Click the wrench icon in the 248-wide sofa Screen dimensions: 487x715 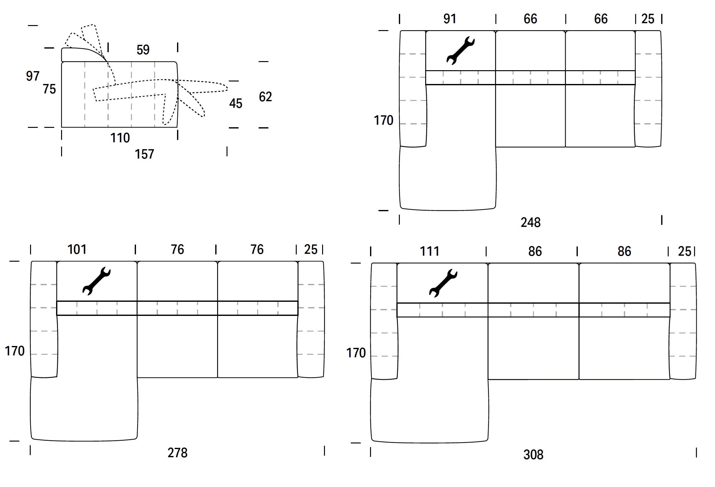460,50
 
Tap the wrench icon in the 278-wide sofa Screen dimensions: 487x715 96,281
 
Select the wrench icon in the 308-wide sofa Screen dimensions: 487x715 443,283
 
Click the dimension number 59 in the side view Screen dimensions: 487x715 143,50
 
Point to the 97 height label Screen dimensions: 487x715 33,76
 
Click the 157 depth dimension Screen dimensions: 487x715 144,154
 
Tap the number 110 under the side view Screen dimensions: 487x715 120,138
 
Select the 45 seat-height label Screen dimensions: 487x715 236,103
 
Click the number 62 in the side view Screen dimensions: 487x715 265,97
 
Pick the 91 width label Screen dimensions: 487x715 450,19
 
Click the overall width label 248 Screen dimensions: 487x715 530,223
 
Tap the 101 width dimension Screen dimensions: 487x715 77,250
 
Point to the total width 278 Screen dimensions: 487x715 177,453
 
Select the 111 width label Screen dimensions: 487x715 429,251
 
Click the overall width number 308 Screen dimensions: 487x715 533,455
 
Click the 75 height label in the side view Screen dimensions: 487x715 50,89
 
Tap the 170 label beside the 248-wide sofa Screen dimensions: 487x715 384,120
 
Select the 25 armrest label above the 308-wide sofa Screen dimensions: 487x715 684,251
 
